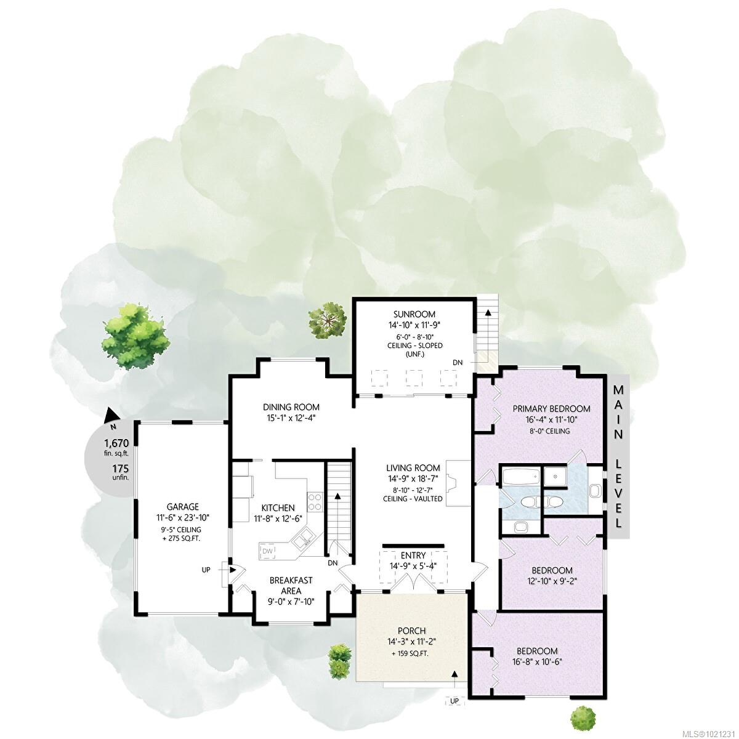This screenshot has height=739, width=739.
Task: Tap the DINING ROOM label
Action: click(x=291, y=407)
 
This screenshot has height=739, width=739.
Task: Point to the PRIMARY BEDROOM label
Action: click(x=552, y=408)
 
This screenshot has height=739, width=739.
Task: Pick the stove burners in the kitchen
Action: click(x=315, y=501)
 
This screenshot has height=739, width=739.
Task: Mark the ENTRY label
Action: click(x=413, y=556)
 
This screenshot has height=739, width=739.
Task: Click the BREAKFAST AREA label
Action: click(x=292, y=584)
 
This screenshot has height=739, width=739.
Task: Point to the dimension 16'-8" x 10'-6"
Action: click(x=537, y=662)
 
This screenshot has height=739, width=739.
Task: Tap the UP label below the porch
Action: click(x=454, y=701)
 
